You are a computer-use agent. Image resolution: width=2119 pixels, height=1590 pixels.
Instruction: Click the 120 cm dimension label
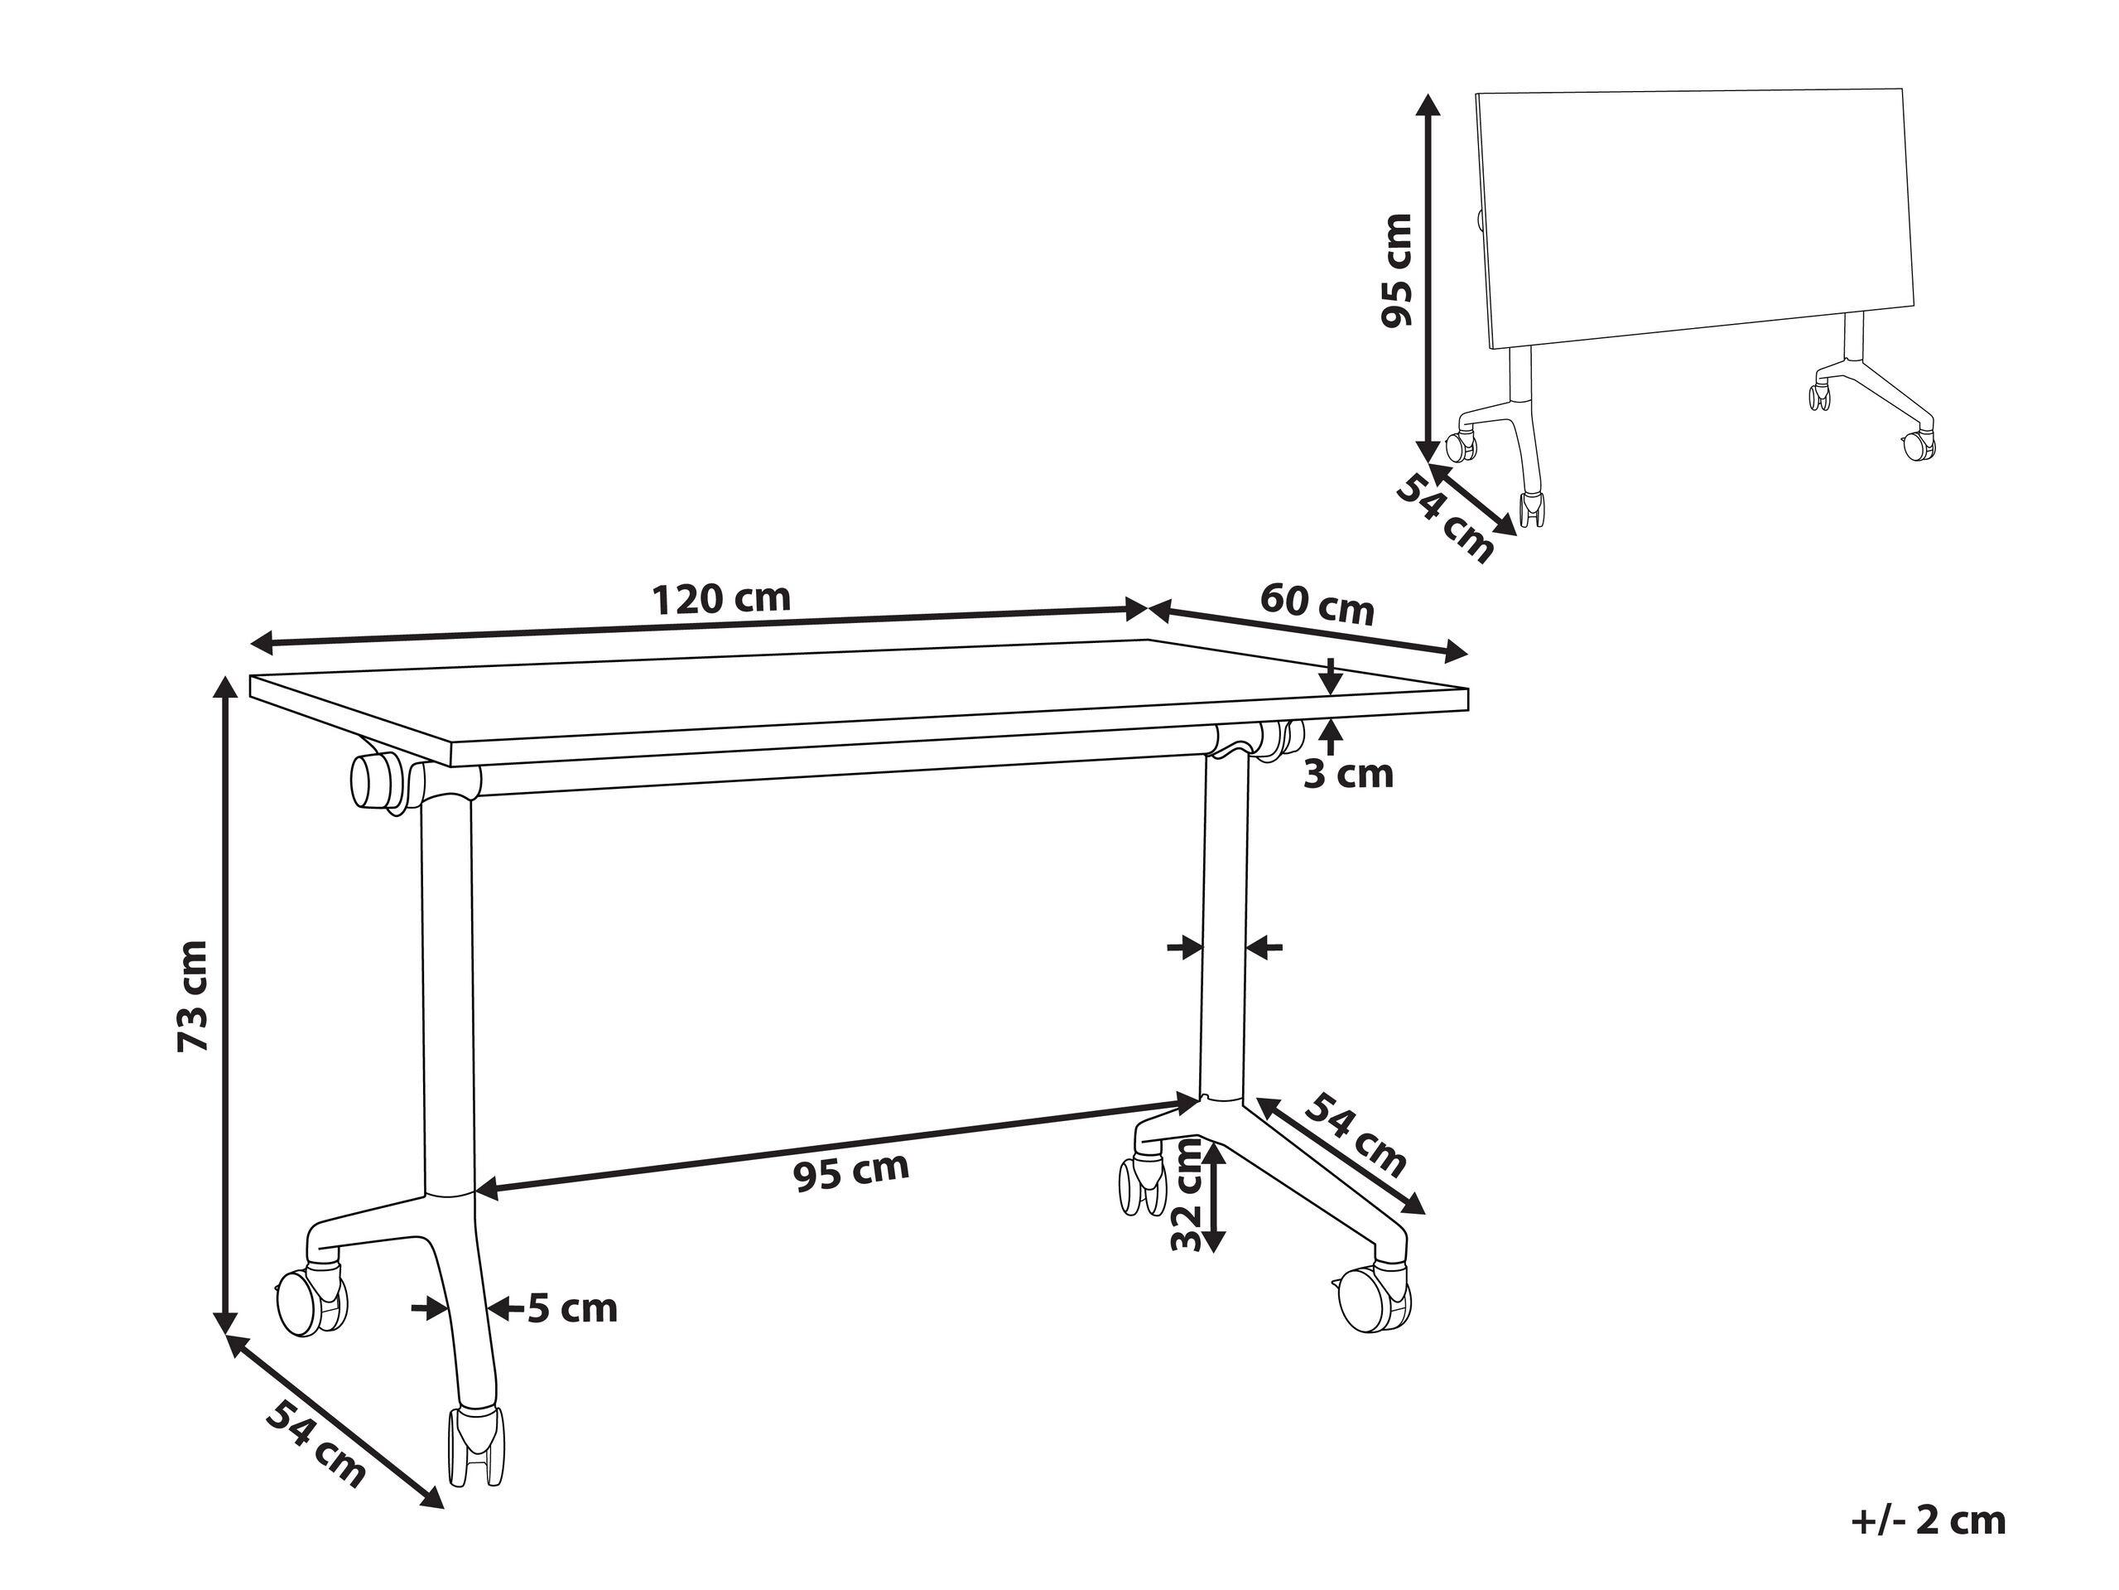click(x=721, y=599)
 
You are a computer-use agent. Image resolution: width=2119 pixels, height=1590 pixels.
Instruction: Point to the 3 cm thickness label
click(x=1348, y=773)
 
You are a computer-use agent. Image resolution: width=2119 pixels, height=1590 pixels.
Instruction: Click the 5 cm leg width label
click(x=572, y=1308)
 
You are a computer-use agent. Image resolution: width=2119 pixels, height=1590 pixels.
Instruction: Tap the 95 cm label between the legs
click(x=851, y=1172)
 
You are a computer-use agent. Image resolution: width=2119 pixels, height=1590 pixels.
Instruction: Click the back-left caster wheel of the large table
click(x=310, y=1301)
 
